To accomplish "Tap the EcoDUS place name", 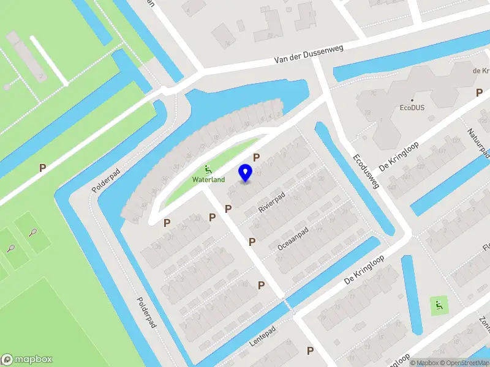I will pyautogui.click(x=412, y=108).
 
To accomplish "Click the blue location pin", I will pyautogui.click(x=246, y=172).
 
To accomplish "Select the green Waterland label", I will pyautogui.click(x=208, y=180).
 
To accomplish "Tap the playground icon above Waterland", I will pyautogui.click(x=208, y=169).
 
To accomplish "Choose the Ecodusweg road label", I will pyautogui.click(x=366, y=171).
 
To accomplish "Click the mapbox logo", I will pyautogui.click(x=27, y=360).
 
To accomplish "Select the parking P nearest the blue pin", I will pyautogui.click(x=257, y=157).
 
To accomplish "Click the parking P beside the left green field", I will pyautogui.click(x=42, y=167).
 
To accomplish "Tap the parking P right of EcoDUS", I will pyautogui.click(x=479, y=92).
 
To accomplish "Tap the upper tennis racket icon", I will pyautogui.click(x=34, y=232).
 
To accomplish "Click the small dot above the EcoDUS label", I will pyautogui.click(x=412, y=100).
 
